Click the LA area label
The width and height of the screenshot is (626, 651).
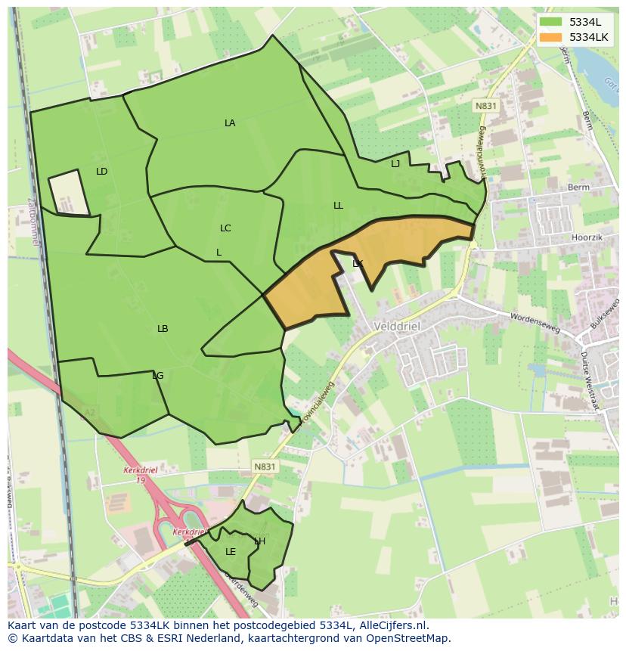click(x=230, y=123)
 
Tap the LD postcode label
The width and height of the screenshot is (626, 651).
click(x=102, y=172)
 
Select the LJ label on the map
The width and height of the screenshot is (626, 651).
click(x=395, y=164)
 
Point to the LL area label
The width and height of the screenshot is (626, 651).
click(x=338, y=206)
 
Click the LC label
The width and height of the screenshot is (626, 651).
click(x=225, y=228)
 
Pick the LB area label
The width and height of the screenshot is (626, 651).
click(x=163, y=329)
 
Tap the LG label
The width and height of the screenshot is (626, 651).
click(x=157, y=376)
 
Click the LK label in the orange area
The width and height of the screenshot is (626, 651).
click(x=358, y=264)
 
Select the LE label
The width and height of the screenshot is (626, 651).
click(x=231, y=552)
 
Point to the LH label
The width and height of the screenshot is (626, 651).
click(x=259, y=541)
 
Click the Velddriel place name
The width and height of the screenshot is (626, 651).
click(x=397, y=326)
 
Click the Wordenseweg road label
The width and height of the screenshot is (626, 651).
click(x=535, y=322)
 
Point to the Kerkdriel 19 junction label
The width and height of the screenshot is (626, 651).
click(x=139, y=474)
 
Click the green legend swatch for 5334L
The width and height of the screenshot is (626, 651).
click(x=550, y=22)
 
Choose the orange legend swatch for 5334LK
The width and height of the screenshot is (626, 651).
click(x=550, y=37)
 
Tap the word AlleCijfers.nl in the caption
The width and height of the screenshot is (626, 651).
click(x=392, y=625)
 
